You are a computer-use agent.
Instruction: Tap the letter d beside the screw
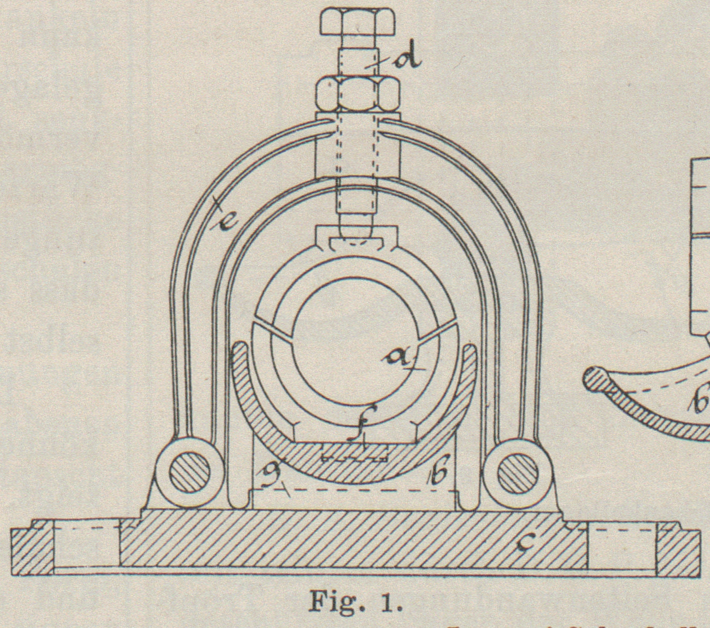(x=407, y=60)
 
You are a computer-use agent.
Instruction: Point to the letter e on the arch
(x=225, y=221)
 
